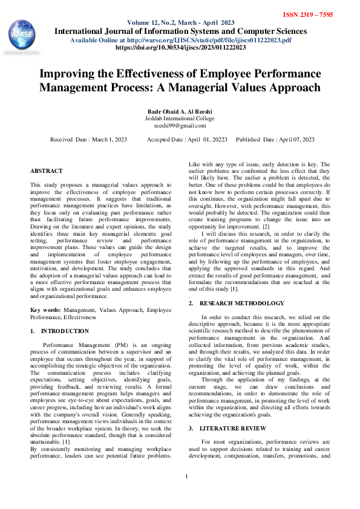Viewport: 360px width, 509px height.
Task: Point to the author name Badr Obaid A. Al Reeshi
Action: (x=180, y=111)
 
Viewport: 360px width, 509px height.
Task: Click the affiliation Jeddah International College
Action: (x=180, y=118)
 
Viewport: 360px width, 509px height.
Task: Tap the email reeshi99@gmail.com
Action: (x=180, y=126)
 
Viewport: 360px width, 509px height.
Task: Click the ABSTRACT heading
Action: (x=46, y=172)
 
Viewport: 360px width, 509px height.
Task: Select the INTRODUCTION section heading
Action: (x=65, y=331)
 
